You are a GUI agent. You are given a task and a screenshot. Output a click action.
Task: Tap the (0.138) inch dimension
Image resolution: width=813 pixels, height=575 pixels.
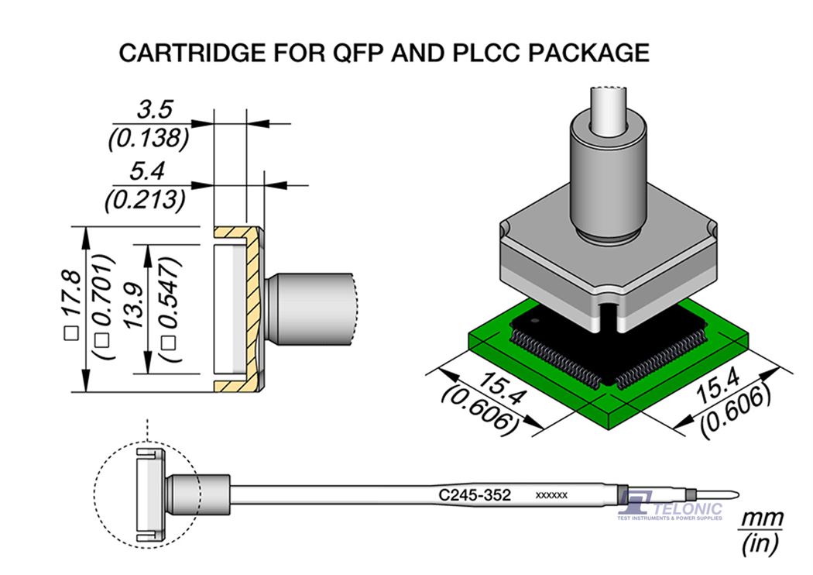(146, 138)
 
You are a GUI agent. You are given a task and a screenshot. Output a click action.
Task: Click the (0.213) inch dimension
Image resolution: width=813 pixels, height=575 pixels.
(146, 199)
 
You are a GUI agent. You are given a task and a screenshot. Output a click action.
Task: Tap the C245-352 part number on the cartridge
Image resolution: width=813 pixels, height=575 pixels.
(475, 494)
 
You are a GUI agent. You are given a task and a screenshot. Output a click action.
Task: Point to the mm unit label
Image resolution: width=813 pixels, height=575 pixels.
(762, 518)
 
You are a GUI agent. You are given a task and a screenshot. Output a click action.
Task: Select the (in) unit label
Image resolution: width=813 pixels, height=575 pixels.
(761, 544)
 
